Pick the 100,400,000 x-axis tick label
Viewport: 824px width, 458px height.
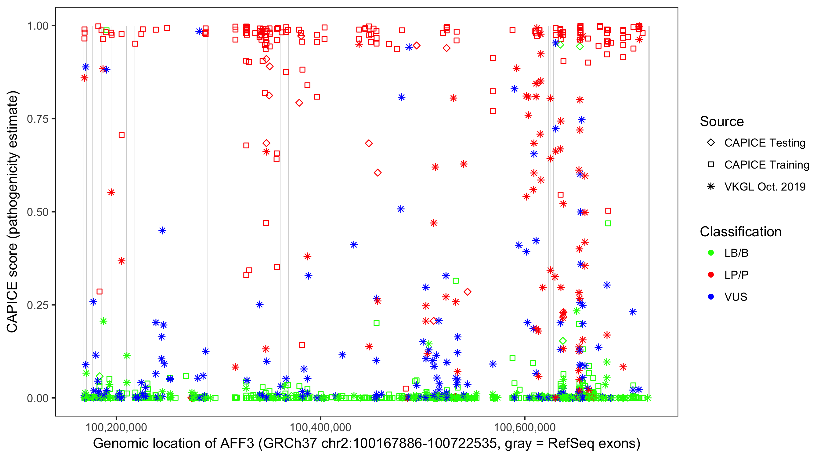[320, 427]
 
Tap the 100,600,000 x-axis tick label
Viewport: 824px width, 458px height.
[525, 427]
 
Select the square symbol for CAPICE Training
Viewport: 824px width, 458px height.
[711, 165]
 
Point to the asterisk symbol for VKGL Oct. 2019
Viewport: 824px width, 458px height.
[711, 187]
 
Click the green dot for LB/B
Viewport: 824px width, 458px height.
[711, 253]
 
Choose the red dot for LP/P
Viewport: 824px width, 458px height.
[711, 275]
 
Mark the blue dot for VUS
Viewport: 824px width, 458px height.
[711, 297]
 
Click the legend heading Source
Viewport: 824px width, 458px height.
[722, 122]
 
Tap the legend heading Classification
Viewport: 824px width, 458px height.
[740, 232]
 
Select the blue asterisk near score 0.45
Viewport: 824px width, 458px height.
[162, 231]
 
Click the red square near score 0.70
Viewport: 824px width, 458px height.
[121, 135]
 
